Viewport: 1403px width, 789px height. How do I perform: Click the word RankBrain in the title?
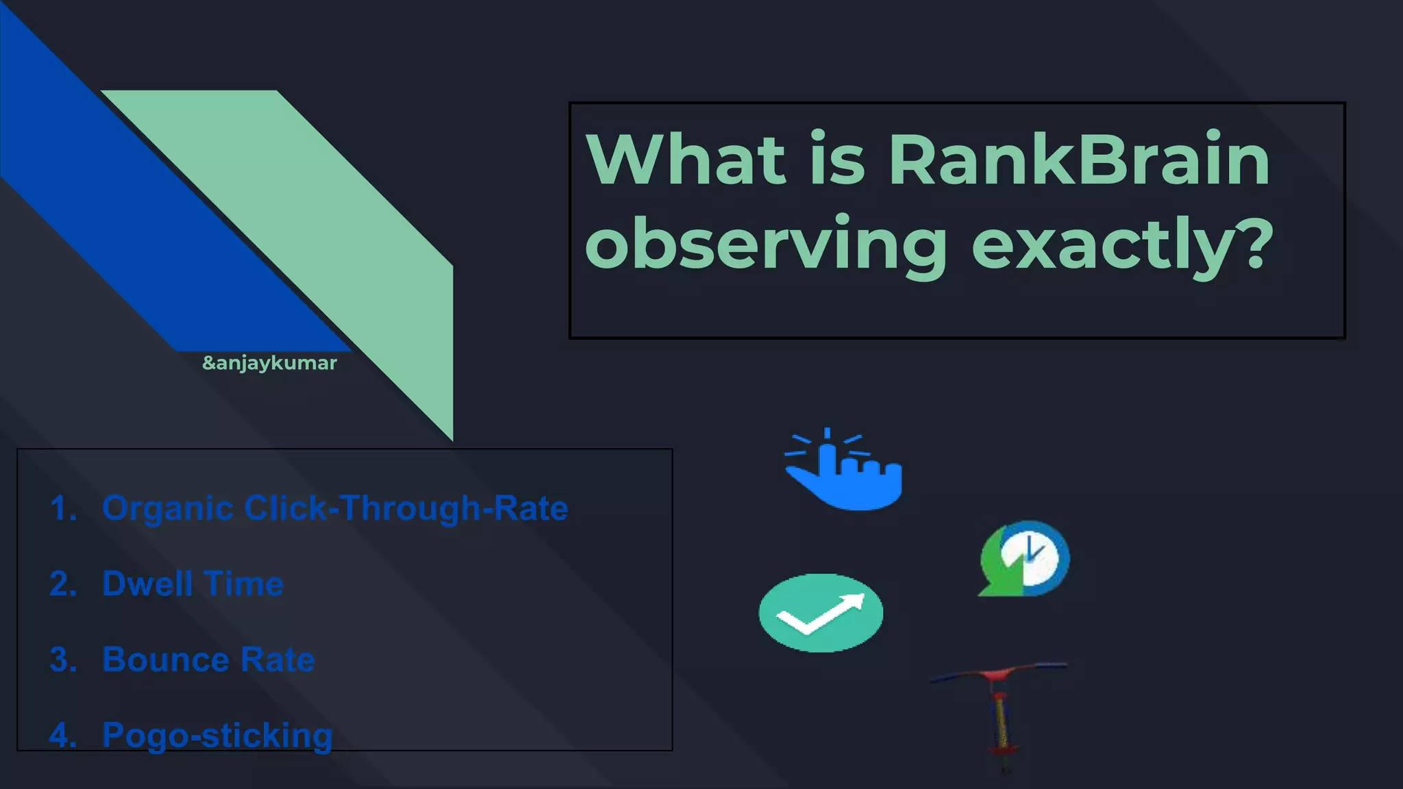click(x=1079, y=160)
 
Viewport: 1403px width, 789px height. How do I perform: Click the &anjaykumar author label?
click(x=269, y=363)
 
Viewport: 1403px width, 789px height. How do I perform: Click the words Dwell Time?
click(x=193, y=584)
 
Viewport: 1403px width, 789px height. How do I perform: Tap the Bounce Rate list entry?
click(x=208, y=660)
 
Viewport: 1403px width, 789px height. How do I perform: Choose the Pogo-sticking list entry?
click(x=217, y=736)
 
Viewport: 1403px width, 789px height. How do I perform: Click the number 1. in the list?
click(x=63, y=508)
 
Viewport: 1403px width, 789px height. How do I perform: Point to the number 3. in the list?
click(x=63, y=660)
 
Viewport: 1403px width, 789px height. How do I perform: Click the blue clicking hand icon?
click(x=844, y=471)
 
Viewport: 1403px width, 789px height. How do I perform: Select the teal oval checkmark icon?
click(x=821, y=613)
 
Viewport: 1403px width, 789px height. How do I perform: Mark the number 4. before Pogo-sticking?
click(x=63, y=736)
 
